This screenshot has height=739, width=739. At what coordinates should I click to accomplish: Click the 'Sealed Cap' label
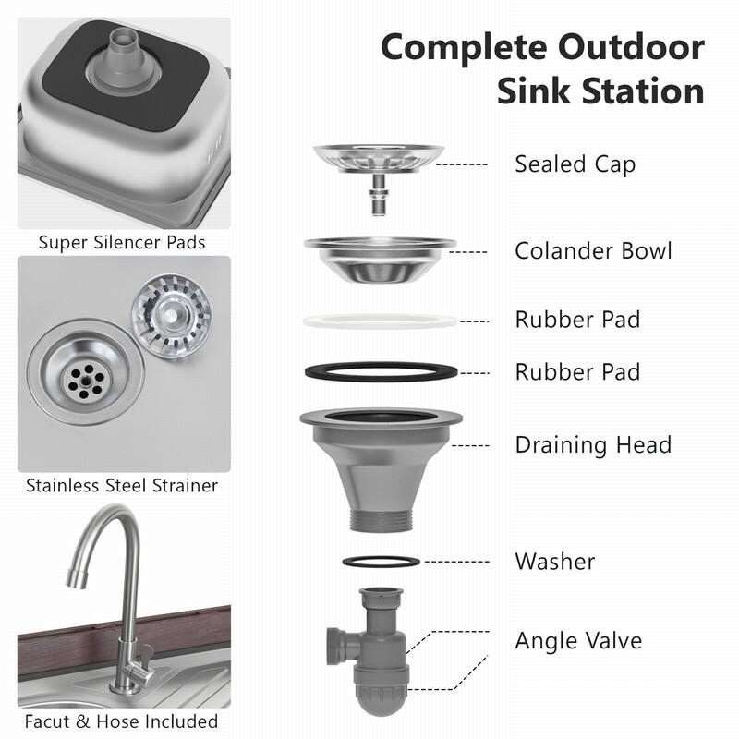pyautogui.click(x=575, y=164)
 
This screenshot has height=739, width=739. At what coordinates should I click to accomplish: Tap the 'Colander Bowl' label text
pyautogui.click(x=593, y=251)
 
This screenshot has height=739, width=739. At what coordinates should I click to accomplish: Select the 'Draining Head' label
pyautogui.click(x=592, y=444)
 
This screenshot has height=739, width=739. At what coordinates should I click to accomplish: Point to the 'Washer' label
pyautogui.click(x=554, y=561)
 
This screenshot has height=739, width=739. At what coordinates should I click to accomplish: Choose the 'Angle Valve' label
pyautogui.click(x=578, y=640)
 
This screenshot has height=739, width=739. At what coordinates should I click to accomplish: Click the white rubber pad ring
pyautogui.click(x=380, y=321)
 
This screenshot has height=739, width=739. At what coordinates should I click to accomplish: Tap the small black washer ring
pyautogui.click(x=380, y=561)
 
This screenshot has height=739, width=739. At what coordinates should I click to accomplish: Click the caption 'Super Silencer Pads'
pyautogui.click(x=122, y=243)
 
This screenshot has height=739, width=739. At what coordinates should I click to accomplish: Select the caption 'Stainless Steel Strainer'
pyautogui.click(x=122, y=485)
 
